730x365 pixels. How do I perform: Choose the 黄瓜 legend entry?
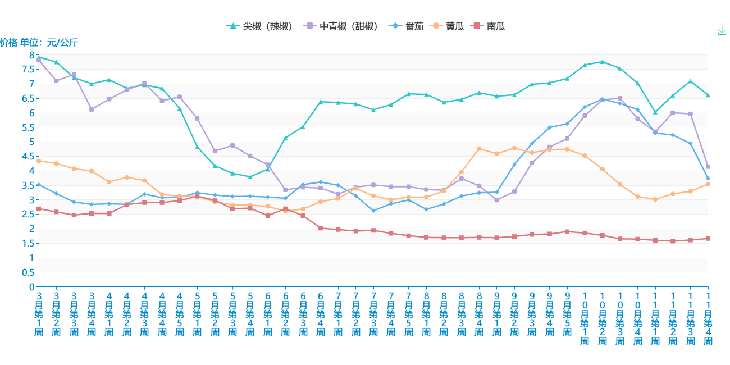(x=447, y=26)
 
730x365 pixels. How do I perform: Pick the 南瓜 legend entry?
(x=488, y=26)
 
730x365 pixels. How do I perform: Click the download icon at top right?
(x=722, y=31)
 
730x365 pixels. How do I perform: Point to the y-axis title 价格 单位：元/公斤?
(x=39, y=43)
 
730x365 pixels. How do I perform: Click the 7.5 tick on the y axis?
(x=28, y=70)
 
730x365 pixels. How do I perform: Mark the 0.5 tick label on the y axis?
(x=28, y=272)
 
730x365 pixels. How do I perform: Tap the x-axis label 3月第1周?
(x=39, y=314)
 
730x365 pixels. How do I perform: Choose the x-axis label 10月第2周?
(x=602, y=318)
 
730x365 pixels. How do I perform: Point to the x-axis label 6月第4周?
(x=321, y=314)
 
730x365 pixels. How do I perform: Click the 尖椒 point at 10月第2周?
(x=602, y=62)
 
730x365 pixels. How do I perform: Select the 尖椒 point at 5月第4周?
(x=250, y=177)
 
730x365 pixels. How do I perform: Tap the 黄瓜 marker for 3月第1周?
(x=39, y=161)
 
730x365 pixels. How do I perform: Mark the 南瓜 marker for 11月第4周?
(x=708, y=239)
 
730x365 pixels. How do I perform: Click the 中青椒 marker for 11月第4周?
(x=708, y=167)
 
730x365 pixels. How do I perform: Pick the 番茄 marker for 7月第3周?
(x=373, y=211)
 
